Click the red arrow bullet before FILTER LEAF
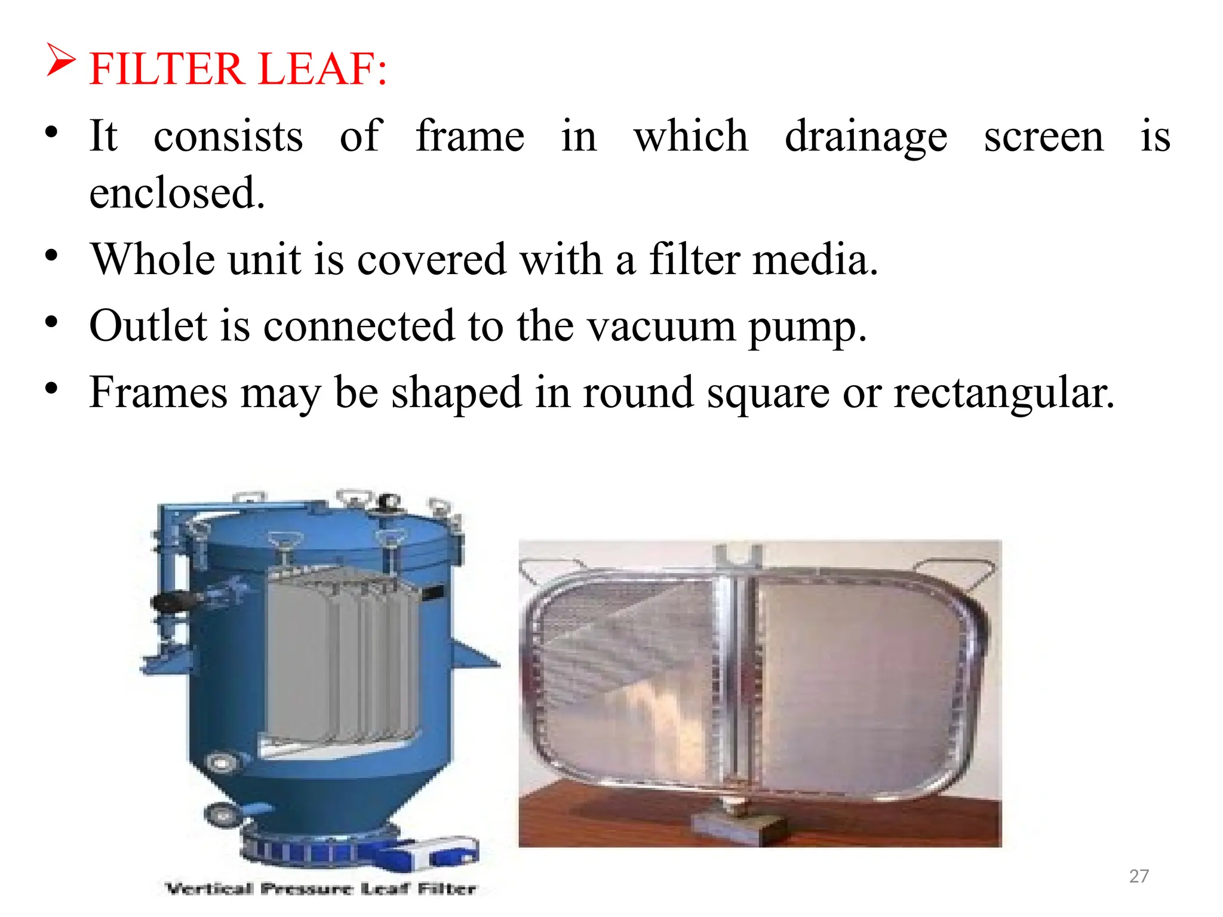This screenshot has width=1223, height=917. (61, 61)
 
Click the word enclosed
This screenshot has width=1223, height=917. (177, 193)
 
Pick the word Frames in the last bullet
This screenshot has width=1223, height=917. (158, 393)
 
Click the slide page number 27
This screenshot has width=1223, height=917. (1139, 876)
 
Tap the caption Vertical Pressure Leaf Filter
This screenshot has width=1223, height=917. (321, 889)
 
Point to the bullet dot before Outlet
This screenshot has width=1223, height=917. (52, 323)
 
